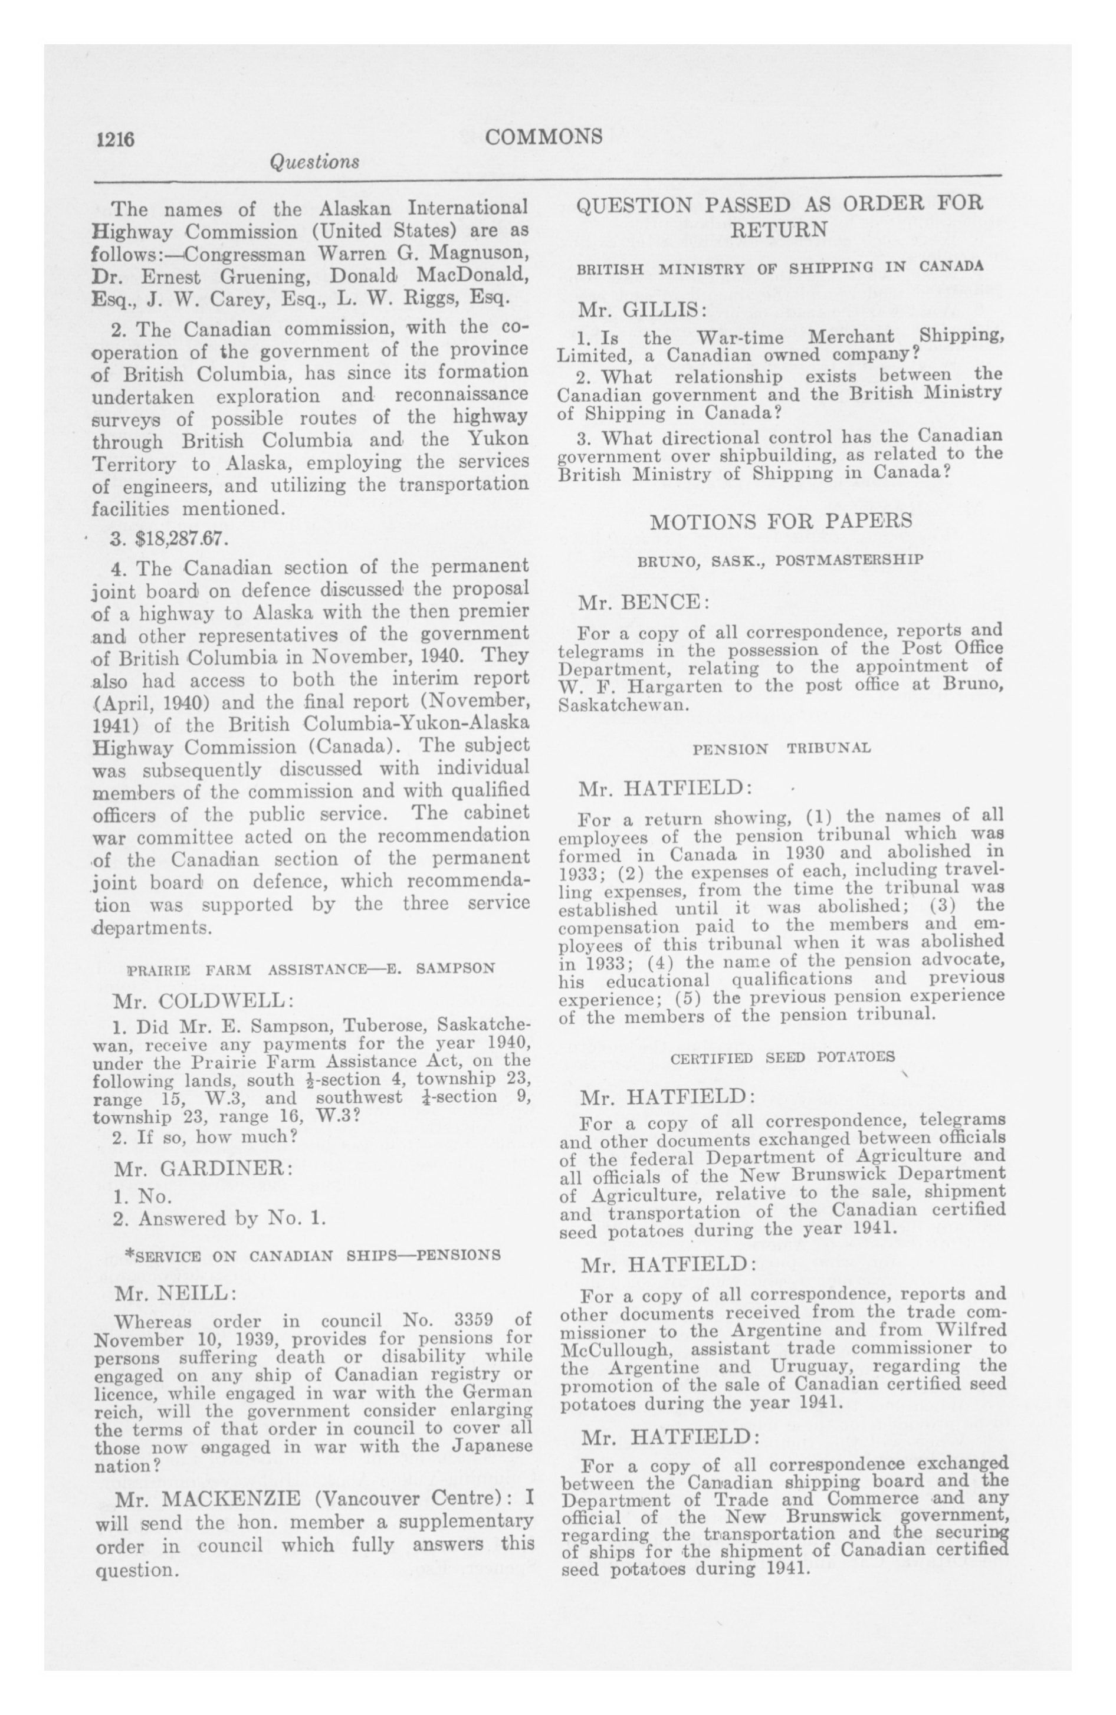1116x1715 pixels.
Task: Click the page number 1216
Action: pos(116,139)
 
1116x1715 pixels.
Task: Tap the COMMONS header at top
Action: pos(544,136)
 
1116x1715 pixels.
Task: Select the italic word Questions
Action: pos(314,162)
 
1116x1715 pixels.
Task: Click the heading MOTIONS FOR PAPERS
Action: pos(781,521)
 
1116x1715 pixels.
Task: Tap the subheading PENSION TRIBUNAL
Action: pos(782,749)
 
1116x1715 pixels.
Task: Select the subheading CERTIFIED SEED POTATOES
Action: pos(782,1058)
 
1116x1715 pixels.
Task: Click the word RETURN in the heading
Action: pos(779,230)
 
